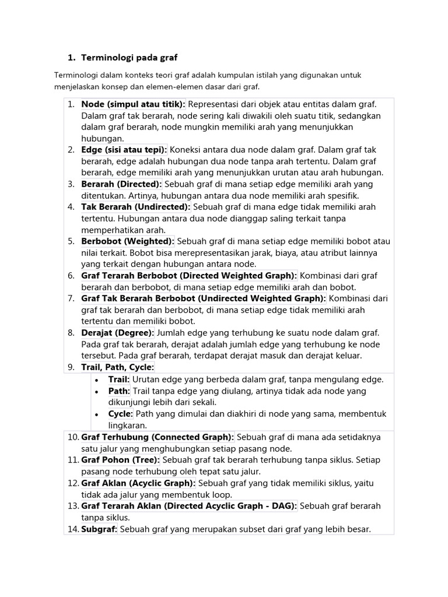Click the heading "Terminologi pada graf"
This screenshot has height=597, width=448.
click(x=129, y=57)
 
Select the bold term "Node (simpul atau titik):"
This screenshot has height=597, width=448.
click(x=133, y=104)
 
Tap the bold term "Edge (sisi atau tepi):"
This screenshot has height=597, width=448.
click(x=124, y=149)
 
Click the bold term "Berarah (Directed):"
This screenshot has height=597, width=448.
click(x=121, y=184)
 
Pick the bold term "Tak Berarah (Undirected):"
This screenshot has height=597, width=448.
click(x=136, y=207)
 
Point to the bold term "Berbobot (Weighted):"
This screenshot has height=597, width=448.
click(x=128, y=241)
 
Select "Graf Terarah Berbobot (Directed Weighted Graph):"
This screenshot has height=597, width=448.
click(x=189, y=275)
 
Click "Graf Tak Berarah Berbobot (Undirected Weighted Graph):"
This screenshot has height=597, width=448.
click(x=204, y=298)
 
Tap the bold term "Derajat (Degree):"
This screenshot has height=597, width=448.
click(x=118, y=332)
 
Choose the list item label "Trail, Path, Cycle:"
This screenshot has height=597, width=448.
click(x=118, y=367)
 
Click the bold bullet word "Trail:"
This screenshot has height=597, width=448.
click(x=118, y=379)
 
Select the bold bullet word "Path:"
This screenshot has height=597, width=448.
click(x=118, y=391)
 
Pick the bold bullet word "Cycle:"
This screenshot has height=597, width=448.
click(x=121, y=414)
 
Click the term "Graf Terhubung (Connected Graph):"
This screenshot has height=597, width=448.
click(x=157, y=437)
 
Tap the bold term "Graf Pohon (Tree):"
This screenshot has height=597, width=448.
click(x=120, y=460)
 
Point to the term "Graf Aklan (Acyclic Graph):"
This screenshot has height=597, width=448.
click(x=138, y=483)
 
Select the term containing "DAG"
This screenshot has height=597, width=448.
click(x=189, y=506)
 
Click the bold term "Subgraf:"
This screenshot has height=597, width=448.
click(x=99, y=529)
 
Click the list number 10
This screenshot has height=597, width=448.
click(x=72, y=437)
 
